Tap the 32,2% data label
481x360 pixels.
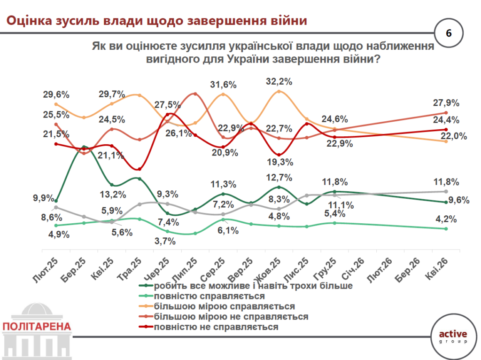[x=279, y=81]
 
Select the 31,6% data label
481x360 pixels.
[x=223, y=85]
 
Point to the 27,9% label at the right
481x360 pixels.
[x=446, y=103]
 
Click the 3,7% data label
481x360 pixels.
[x=166, y=241]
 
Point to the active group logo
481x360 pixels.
[x=452, y=337]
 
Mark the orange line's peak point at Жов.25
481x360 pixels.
[x=279, y=91]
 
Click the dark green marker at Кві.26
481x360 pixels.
[x=446, y=203]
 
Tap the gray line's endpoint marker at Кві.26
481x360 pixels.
[x=446, y=191]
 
